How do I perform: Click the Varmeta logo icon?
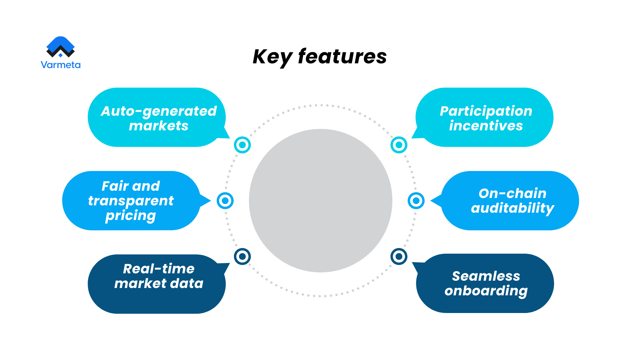pos(60,47)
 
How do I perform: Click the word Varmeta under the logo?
pos(60,65)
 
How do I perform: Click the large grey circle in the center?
pos(320,201)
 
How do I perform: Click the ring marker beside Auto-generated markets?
pos(242,145)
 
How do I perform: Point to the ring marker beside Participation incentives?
pos(399,145)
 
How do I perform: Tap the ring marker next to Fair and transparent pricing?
pos(225,201)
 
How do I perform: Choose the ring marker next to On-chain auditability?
pos(416,201)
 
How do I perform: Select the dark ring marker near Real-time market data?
pos(242,256)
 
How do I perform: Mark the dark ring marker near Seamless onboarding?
pos(399,256)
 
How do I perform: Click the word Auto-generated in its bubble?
pos(159,111)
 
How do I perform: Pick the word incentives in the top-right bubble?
pos(486,126)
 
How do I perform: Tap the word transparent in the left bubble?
pos(131,201)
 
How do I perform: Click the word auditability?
pos(512,208)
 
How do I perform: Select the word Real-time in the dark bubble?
pos(159,269)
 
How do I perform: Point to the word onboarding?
pos(486,291)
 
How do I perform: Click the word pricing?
pos(131,216)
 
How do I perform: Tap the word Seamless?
pos(486,276)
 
